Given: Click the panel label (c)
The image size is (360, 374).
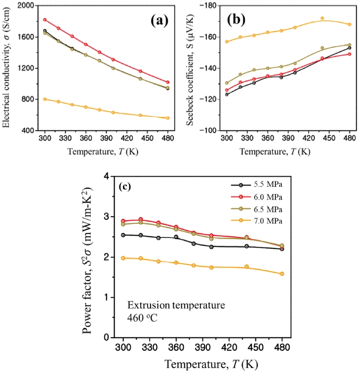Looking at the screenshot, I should pos(125,186).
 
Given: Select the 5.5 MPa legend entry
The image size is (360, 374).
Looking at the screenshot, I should pos(265,185).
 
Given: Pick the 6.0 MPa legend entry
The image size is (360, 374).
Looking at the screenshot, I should pos(265,197).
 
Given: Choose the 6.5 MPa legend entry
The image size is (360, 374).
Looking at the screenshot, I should pos(265,209).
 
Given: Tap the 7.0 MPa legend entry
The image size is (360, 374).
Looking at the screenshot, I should pos(265,220).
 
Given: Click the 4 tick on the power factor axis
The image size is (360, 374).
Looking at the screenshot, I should pos(106,176).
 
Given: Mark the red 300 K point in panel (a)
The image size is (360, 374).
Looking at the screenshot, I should pos(45,20).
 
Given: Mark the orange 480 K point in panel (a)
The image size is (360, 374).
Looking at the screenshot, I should pos(168,118).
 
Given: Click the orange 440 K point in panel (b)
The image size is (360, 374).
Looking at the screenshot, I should pos(322,18).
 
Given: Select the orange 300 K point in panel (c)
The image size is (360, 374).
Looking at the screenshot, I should pos(123,258).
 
